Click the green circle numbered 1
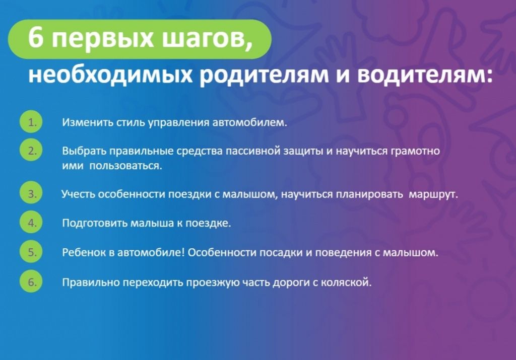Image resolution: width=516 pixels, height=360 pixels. (31, 122)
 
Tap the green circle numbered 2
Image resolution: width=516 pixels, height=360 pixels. (31, 151)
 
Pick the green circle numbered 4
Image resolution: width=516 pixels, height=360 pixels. (31, 223)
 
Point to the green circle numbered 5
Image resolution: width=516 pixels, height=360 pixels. (31, 252)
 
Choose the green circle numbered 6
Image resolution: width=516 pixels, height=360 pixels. (31, 281)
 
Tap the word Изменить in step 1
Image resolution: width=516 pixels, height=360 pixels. (83, 122)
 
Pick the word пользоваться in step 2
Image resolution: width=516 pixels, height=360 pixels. (125, 166)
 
